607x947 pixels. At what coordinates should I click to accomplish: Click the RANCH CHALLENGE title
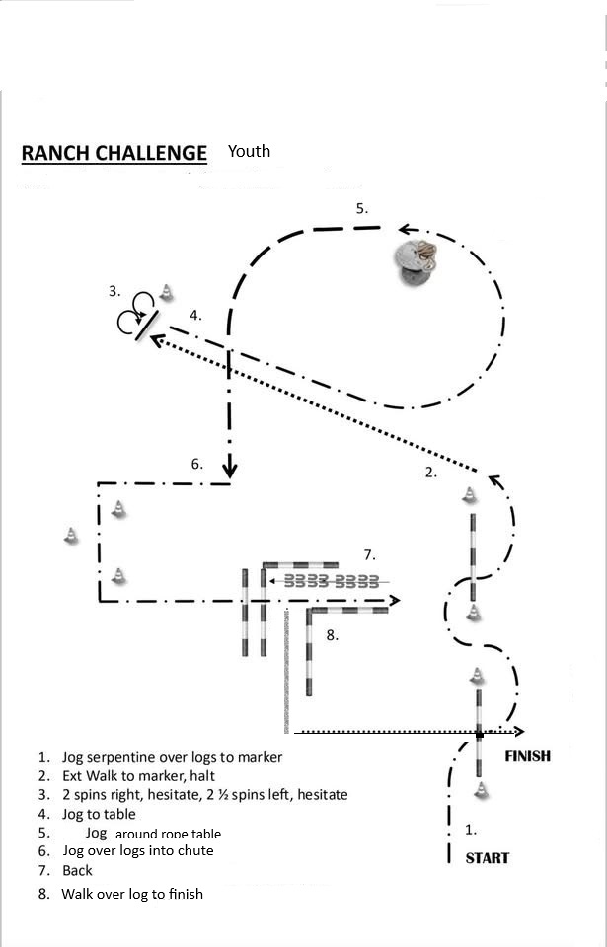coord(114,154)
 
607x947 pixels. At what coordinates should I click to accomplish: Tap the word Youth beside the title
coord(249,151)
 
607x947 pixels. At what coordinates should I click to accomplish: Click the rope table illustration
coord(417,261)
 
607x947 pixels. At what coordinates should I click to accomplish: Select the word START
coord(487,858)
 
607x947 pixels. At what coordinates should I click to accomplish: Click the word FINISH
coord(527,756)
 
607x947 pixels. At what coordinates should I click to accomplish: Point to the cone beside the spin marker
coord(166,292)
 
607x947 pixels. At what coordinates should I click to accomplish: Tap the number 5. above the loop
coord(361,209)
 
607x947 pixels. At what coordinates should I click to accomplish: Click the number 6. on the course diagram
coord(197,464)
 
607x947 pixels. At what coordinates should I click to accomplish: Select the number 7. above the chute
coord(370,554)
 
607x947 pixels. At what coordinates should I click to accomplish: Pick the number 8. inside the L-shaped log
coord(332,634)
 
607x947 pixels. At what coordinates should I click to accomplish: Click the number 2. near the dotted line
coord(430,473)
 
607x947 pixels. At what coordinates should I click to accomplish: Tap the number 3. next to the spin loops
coord(114,291)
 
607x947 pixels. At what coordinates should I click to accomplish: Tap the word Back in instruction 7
coord(77,870)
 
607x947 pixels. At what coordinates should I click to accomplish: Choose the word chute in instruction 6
coord(195,850)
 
